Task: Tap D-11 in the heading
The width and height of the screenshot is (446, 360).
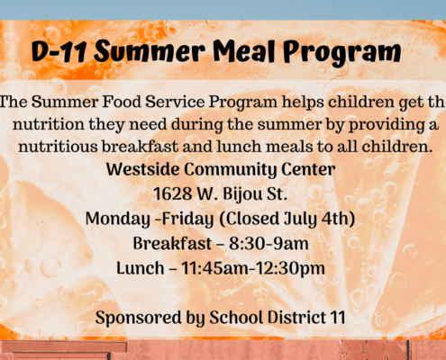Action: point(59,51)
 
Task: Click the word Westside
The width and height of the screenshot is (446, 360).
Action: point(142,169)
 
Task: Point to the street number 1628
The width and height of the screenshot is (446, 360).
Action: point(173,193)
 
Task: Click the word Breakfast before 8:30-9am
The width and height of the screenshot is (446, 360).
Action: point(172,243)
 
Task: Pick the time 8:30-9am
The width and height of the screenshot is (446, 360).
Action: point(269,243)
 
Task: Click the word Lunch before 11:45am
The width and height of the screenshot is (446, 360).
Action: point(141,268)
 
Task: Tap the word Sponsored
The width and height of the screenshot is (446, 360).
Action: point(139,318)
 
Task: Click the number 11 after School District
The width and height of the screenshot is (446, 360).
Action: point(338,318)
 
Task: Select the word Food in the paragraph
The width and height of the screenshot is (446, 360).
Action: point(122,102)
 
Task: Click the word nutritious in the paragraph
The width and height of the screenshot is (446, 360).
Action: point(58,147)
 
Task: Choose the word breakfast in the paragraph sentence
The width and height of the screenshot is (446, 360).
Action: point(141,147)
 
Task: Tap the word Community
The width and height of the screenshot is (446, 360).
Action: point(231,170)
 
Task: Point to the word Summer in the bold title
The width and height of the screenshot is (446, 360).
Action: point(150,51)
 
